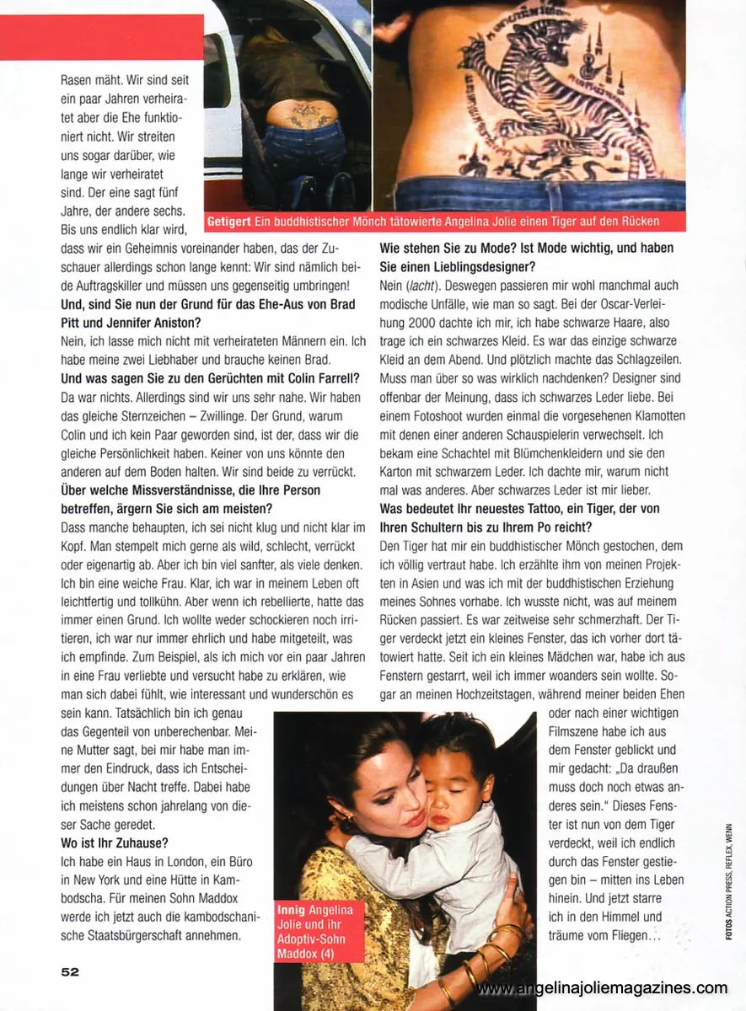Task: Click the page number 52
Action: point(70,971)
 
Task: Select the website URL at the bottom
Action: point(601,987)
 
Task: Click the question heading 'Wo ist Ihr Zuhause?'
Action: point(115,842)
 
